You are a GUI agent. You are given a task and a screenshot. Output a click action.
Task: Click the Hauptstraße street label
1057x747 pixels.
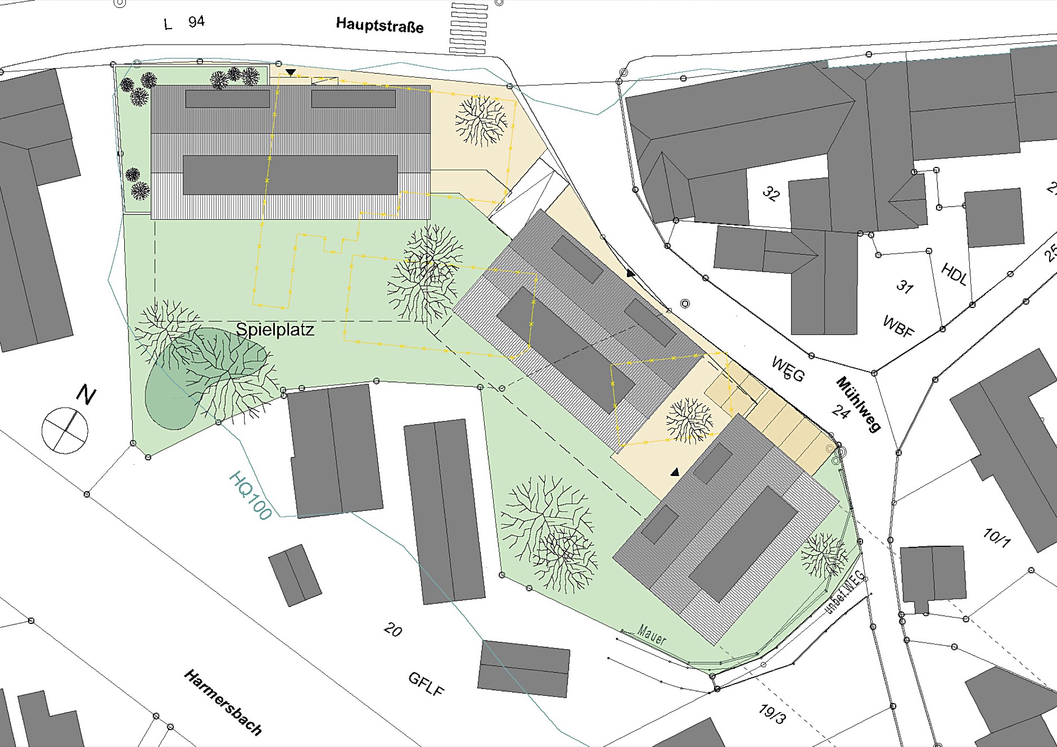[x=379, y=25]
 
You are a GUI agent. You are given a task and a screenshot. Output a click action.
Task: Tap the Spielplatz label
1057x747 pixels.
[x=275, y=330]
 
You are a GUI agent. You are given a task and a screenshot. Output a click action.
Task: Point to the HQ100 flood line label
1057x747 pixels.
[x=251, y=495]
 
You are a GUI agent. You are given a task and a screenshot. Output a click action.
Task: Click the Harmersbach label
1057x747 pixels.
[x=223, y=702]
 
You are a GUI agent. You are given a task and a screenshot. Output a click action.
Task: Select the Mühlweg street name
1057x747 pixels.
[x=858, y=404]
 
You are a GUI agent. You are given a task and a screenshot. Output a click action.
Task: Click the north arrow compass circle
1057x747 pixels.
[x=65, y=430]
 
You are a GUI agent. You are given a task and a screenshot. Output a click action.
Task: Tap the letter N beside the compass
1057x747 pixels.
[x=86, y=394]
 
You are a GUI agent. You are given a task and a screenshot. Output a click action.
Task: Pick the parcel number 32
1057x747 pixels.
[x=771, y=194]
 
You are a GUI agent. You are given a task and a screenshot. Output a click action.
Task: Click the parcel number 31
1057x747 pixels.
[x=905, y=287]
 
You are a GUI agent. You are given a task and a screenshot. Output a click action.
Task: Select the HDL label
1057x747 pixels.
[x=954, y=275]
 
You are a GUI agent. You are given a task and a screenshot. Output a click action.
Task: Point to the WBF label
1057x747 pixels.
[x=898, y=326]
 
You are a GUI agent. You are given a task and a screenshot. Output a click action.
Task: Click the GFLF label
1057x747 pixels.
[x=426, y=684]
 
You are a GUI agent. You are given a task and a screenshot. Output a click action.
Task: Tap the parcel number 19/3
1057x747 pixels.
[x=772, y=714]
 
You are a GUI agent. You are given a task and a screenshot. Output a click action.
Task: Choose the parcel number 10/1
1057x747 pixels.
[x=996, y=537]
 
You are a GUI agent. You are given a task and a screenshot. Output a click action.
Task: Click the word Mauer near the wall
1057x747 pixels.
[x=652, y=635]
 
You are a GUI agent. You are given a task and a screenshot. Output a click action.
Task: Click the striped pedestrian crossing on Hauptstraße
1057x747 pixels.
[x=468, y=28]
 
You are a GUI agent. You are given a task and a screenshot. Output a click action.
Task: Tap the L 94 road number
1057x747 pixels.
[x=184, y=23]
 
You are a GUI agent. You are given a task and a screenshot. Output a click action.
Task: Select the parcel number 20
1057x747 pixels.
[x=393, y=630]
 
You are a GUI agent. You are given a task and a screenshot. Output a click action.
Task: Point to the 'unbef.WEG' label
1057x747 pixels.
[x=845, y=592]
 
